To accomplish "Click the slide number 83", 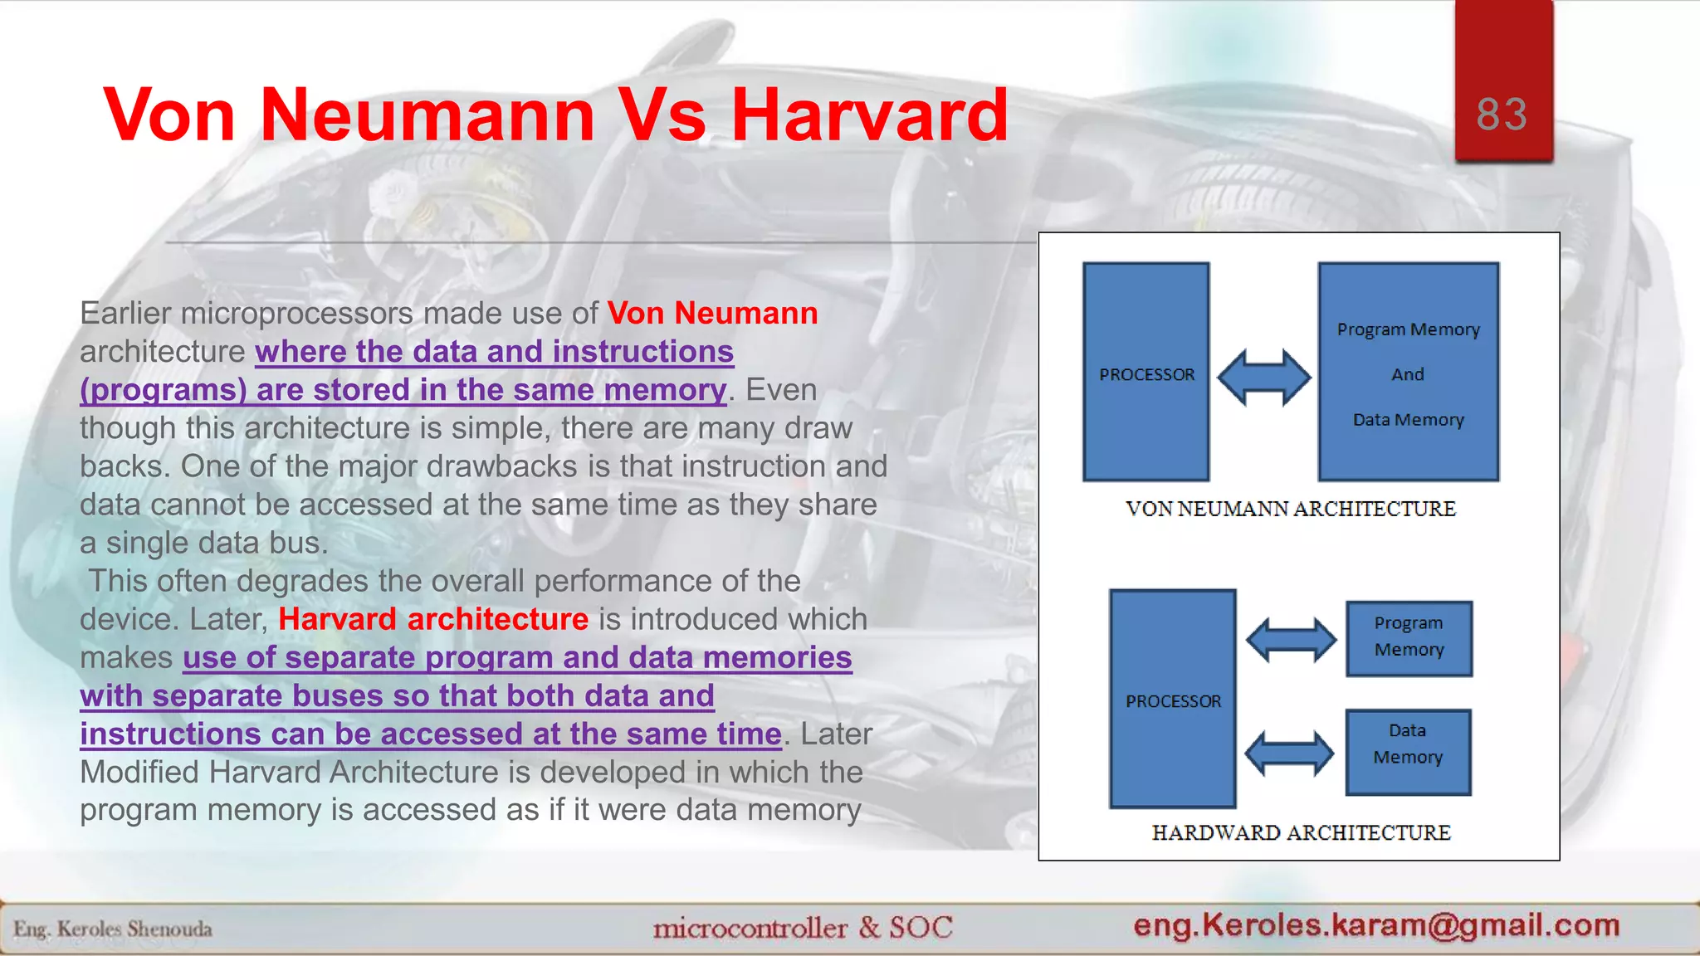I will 1502,114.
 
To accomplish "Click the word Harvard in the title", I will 869,115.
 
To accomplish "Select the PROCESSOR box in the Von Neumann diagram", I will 1146,373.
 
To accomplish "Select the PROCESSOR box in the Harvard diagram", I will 1172,700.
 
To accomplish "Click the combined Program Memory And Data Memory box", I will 1408,373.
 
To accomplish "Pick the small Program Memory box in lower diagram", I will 1408,638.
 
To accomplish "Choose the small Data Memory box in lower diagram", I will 1408,752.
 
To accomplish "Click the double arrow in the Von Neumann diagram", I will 1263,377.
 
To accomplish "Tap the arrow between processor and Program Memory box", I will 1291,640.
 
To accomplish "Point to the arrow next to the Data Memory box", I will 1289,754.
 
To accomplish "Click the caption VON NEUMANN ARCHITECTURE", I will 1290,509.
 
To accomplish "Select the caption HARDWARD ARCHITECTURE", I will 1300,832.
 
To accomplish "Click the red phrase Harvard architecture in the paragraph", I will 432,619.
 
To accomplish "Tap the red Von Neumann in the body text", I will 712,313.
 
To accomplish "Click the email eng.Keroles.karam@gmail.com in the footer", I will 1376,924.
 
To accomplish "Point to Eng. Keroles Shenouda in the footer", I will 113,929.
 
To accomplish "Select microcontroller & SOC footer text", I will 802,928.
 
